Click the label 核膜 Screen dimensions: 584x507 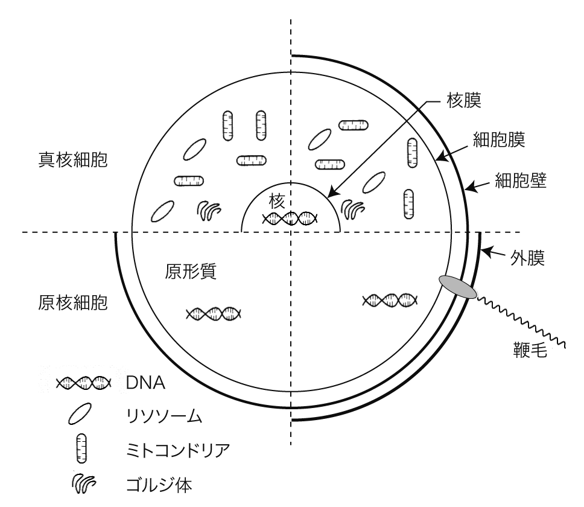coord(464,100)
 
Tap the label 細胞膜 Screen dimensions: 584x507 coord(499,139)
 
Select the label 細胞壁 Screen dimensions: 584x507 coord(521,180)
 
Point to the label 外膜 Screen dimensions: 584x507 coord(527,258)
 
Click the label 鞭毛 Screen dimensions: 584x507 coord(530,350)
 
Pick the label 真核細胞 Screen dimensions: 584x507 coord(73,160)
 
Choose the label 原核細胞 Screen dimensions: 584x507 coord(73,303)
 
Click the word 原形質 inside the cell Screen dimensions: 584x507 coord(191,271)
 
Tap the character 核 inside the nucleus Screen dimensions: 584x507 coord(277,202)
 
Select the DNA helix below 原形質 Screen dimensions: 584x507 coord(214,314)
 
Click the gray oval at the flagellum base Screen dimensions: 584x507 coord(458,287)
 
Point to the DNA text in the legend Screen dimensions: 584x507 coord(145,383)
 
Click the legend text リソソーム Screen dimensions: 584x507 coord(164,416)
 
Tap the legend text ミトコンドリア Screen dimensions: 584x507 coord(178,450)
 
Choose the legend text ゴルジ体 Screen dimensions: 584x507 coord(159,485)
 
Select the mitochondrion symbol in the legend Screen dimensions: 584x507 coord(81,448)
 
